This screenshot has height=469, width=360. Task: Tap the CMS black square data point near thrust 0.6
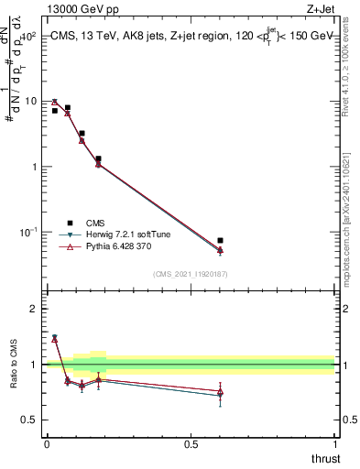pyautogui.click(x=220, y=241)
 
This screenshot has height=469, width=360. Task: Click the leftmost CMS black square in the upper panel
pyautogui.click(x=54, y=111)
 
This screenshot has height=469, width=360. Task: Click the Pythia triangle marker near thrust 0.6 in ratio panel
pyautogui.click(x=220, y=392)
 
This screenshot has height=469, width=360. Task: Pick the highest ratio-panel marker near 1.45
pyautogui.click(x=54, y=338)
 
